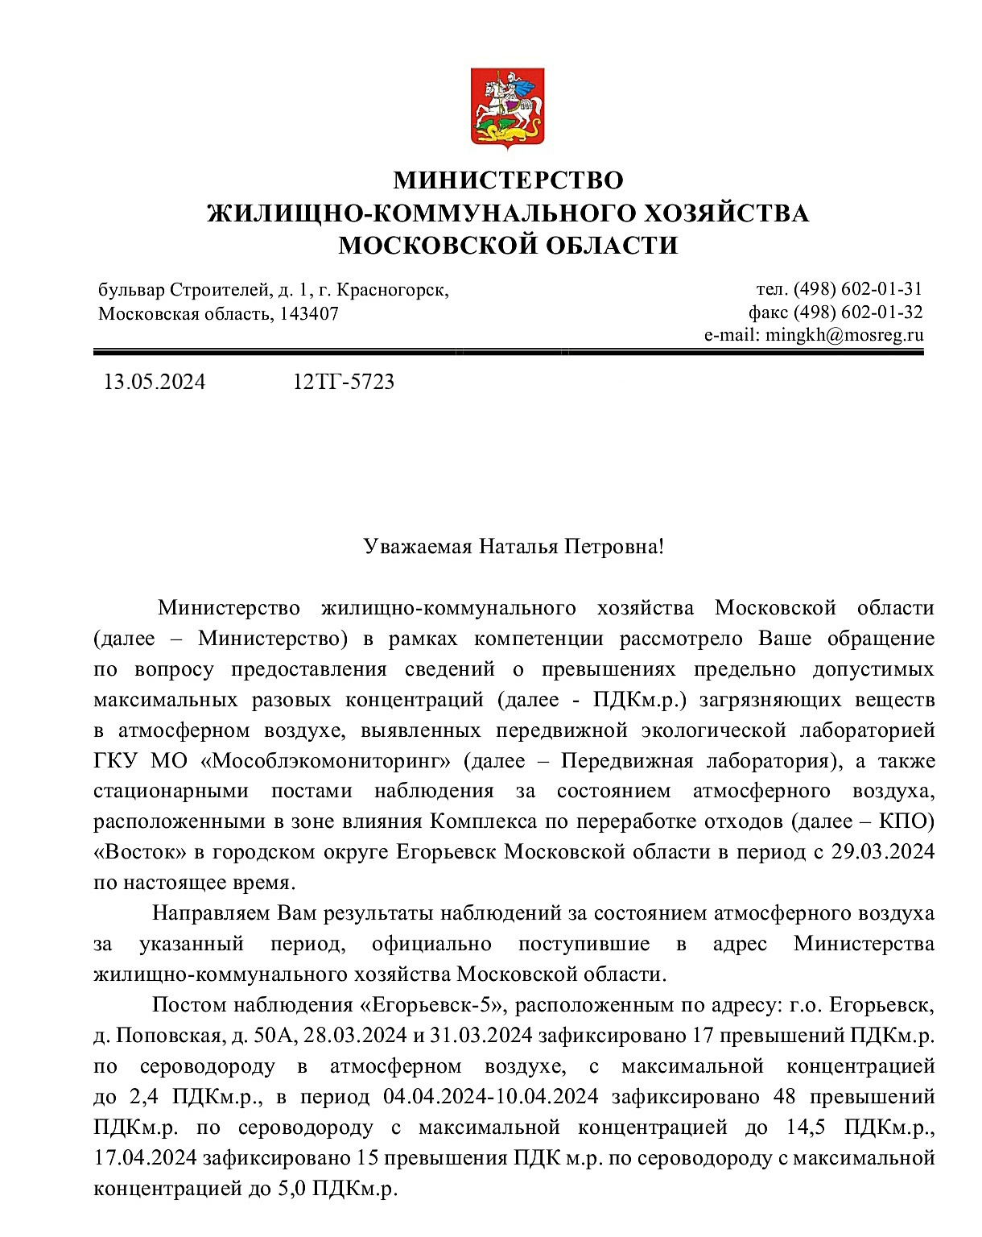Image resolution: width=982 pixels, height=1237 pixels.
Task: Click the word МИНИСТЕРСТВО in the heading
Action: [x=508, y=180]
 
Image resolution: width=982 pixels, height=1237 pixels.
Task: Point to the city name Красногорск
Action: [x=391, y=290]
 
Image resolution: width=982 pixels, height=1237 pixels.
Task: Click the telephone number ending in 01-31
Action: [x=857, y=289]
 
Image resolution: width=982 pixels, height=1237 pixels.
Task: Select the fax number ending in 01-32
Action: [x=857, y=312]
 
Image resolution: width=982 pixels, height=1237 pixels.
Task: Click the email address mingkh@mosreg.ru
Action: [x=844, y=336]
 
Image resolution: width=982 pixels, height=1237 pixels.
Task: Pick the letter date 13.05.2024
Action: [x=154, y=382]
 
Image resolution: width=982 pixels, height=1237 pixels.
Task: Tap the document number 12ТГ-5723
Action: [x=344, y=382]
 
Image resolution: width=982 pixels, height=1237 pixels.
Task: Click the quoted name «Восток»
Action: [x=140, y=853]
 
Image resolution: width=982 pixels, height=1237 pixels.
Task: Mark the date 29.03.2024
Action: [x=883, y=853]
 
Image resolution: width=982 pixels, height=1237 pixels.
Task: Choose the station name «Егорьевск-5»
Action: [x=431, y=1006]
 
